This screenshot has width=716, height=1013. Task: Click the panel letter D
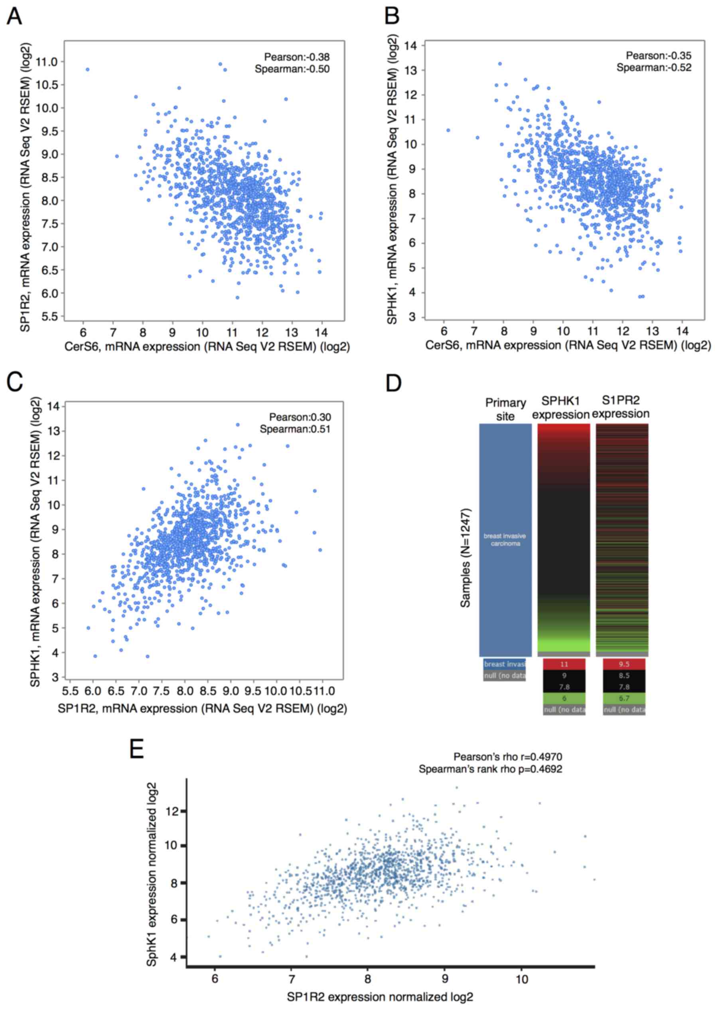[x=394, y=382]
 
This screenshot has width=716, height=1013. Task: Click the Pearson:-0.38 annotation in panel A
[x=296, y=57]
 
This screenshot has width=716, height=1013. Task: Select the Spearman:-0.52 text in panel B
[x=654, y=67]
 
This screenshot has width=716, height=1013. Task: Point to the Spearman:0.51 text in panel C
[x=295, y=429]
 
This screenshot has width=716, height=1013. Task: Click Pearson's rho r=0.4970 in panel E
[x=508, y=757]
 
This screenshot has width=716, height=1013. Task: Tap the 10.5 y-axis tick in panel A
[x=47, y=85]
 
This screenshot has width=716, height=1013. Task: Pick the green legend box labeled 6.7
[x=624, y=698]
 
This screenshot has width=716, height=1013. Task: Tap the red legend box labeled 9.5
[x=624, y=664]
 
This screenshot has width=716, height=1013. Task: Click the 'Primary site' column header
[x=505, y=409]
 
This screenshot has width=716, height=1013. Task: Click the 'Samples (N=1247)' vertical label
[x=465, y=558]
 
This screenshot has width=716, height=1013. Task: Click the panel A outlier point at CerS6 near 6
[x=87, y=69]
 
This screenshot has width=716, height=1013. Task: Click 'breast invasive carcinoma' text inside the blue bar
[x=505, y=540]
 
